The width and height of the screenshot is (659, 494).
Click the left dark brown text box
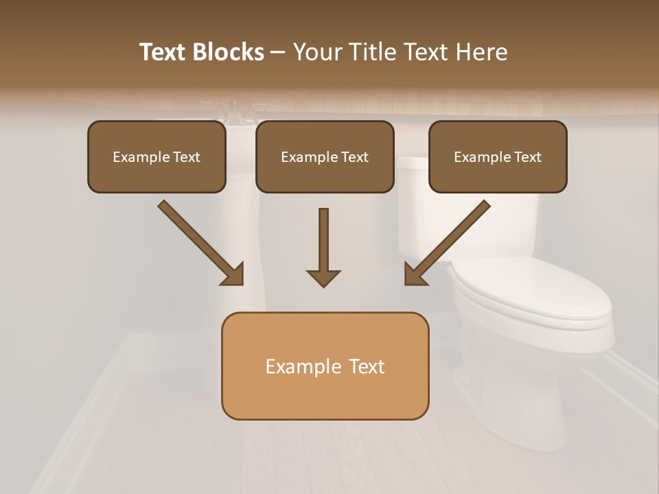tap(157, 156)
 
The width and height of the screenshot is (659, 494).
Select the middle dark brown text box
tap(325, 156)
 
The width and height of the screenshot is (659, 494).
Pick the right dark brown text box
tap(498, 156)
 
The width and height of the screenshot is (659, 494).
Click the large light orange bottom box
tap(325, 366)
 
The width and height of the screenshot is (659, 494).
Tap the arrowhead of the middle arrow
tap(323, 277)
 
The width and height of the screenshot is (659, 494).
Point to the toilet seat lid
tap(532, 292)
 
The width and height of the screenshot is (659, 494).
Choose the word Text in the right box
tap(527, 157)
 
